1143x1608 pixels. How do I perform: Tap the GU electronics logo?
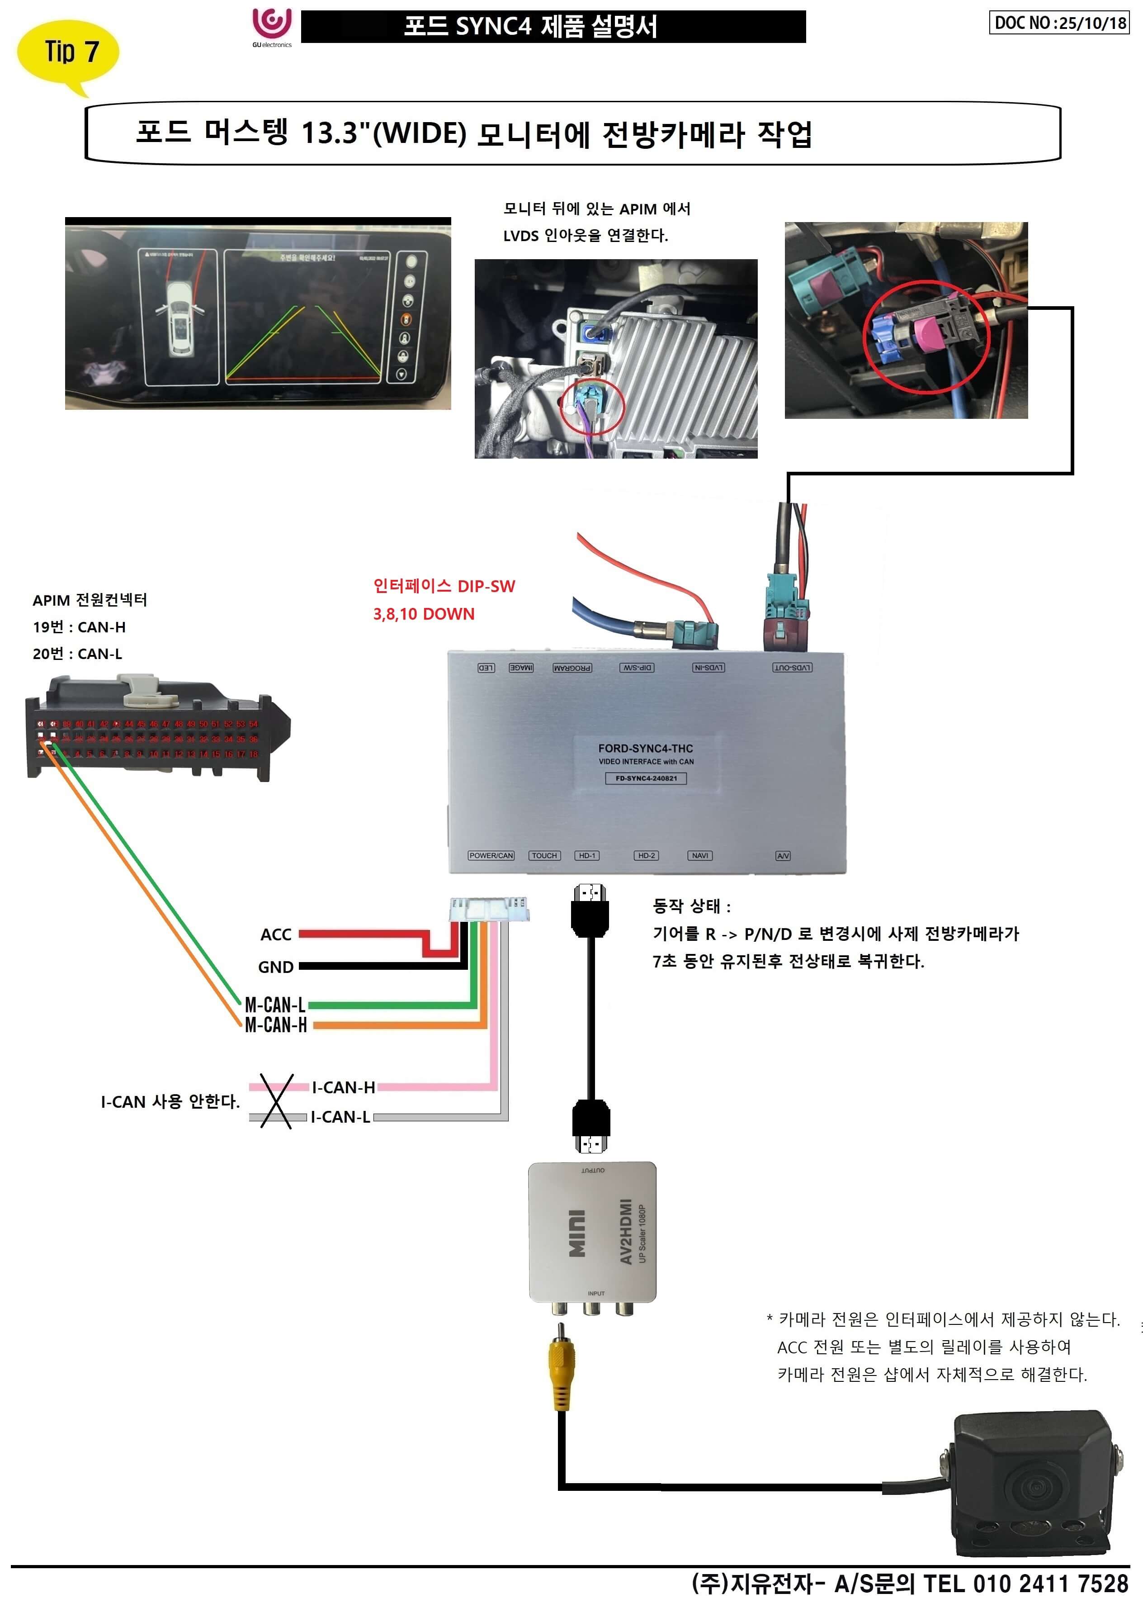tap(272, 27)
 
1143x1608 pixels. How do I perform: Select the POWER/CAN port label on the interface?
tap(491, 855)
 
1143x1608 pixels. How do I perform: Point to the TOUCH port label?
tap(544, 855)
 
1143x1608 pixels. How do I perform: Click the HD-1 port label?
tap(586, 855)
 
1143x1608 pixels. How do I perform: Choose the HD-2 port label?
tap(646, 855)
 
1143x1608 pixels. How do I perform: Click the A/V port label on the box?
tap(783, 855)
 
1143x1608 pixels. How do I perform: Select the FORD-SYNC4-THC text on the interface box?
tap(645, 749)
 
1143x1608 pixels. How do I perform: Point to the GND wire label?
tap(276, 967)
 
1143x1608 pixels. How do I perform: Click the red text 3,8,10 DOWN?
tap(424, 614)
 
